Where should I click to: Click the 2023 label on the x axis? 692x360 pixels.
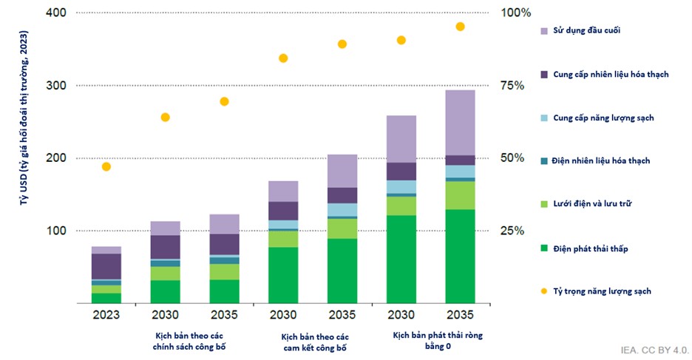106,313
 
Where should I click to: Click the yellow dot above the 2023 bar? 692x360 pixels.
106,167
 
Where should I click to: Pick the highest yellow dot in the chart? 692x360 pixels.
460,27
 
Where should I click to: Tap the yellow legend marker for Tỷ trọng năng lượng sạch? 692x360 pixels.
544,291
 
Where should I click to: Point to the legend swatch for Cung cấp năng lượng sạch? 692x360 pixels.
544,118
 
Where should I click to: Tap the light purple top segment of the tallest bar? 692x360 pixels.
460,122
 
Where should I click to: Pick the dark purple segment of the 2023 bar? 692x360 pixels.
106,266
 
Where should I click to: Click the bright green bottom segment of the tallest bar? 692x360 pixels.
460,256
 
